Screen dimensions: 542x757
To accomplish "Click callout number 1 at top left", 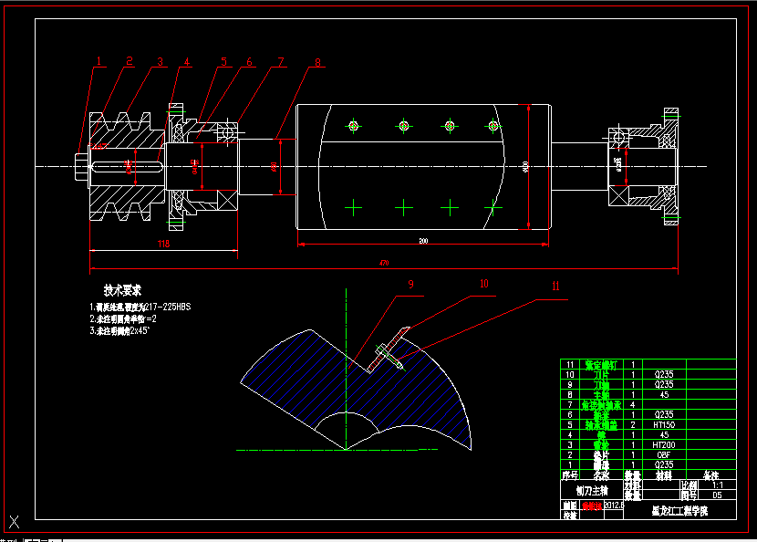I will (x=99, y=61).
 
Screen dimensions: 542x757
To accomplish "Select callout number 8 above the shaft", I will (x=317, y=63).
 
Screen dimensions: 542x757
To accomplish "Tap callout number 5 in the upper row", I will (x=222, y=62).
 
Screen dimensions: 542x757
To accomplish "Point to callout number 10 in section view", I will (x=484, y=284).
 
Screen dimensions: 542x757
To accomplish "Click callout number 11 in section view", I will (x=555, y=285).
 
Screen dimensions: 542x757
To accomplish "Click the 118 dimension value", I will (x=163, y=244).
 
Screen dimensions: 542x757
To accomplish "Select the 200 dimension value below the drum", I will (x=423, y=241).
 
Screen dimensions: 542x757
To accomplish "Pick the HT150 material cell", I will (x=664, y=424).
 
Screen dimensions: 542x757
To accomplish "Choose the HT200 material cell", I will (x=664, y=444).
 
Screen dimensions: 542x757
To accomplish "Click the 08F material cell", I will (x=664, y=454).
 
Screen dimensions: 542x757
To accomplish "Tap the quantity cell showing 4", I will (x=633, y=404).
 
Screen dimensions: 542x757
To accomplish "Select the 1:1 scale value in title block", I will (x=717, y=485).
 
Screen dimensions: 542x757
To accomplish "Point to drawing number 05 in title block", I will (x=717, y=495).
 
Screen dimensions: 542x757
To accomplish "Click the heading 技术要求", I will (x=122, y=290).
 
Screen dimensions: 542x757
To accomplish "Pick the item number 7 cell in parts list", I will (x=569, y=404).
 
